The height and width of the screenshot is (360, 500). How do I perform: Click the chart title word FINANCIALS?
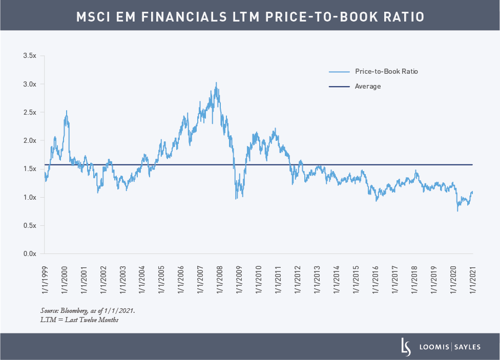click(194, 16)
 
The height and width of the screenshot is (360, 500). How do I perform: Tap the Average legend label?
click(367, 86)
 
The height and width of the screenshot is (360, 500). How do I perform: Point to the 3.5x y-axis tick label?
click(30, 55)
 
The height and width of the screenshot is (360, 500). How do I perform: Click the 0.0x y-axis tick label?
click(30, 253)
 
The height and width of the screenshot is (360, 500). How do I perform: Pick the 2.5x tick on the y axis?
click(30, 112)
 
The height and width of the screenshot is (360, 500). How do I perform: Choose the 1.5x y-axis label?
click(30, 168)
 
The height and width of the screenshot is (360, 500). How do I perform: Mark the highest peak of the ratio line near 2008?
click(216, 82)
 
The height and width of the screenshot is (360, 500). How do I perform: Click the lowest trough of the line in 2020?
click(457, 210)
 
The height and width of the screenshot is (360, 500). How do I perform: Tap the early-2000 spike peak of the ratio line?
click(66, 111)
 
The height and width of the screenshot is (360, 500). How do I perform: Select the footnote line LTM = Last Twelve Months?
click(79, 320)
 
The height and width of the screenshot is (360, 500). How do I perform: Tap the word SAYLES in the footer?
click(467, 347)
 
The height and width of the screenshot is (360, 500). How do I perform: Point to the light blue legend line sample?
click(339, 72)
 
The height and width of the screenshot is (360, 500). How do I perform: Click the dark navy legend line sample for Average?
click(339, 87)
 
